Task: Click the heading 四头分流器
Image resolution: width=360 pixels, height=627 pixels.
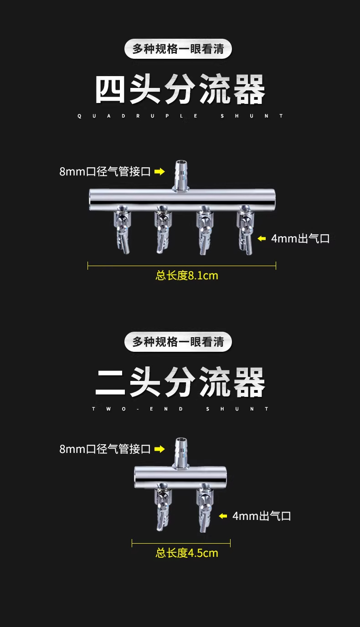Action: pos(180,90)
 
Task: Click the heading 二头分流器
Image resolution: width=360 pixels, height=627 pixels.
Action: pos(180,383)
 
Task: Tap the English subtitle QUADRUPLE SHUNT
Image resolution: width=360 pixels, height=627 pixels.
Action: pos(180,116)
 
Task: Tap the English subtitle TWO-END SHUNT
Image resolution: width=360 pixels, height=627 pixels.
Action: pos(180,409)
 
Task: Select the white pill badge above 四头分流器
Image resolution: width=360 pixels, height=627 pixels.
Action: pos(178,49)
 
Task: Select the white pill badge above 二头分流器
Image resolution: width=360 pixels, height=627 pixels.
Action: pos(178,342)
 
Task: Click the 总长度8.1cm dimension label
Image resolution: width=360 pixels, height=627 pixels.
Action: pos(187,275)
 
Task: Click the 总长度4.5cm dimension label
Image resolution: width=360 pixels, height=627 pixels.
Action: pos(187,553)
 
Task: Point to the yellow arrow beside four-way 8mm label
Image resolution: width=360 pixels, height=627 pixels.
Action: pos(159,172)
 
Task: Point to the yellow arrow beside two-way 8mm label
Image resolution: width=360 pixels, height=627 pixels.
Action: pos(159,449)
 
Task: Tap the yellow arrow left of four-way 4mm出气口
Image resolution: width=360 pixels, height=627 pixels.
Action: pos(262,238)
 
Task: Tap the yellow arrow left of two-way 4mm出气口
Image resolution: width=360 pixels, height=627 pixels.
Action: pos(223,516)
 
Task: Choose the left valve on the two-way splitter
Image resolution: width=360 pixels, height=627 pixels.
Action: pos(163,508)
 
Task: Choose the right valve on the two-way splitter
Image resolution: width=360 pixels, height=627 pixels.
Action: pos(203,508)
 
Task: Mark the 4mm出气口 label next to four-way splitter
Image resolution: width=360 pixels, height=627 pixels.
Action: pos(300,238)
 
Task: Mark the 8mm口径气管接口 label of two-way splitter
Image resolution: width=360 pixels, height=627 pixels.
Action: pos(105,449)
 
